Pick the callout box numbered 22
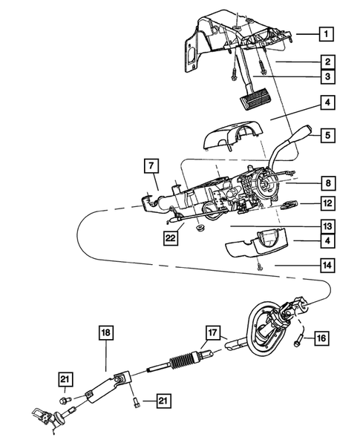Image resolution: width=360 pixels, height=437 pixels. point(170,238)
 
